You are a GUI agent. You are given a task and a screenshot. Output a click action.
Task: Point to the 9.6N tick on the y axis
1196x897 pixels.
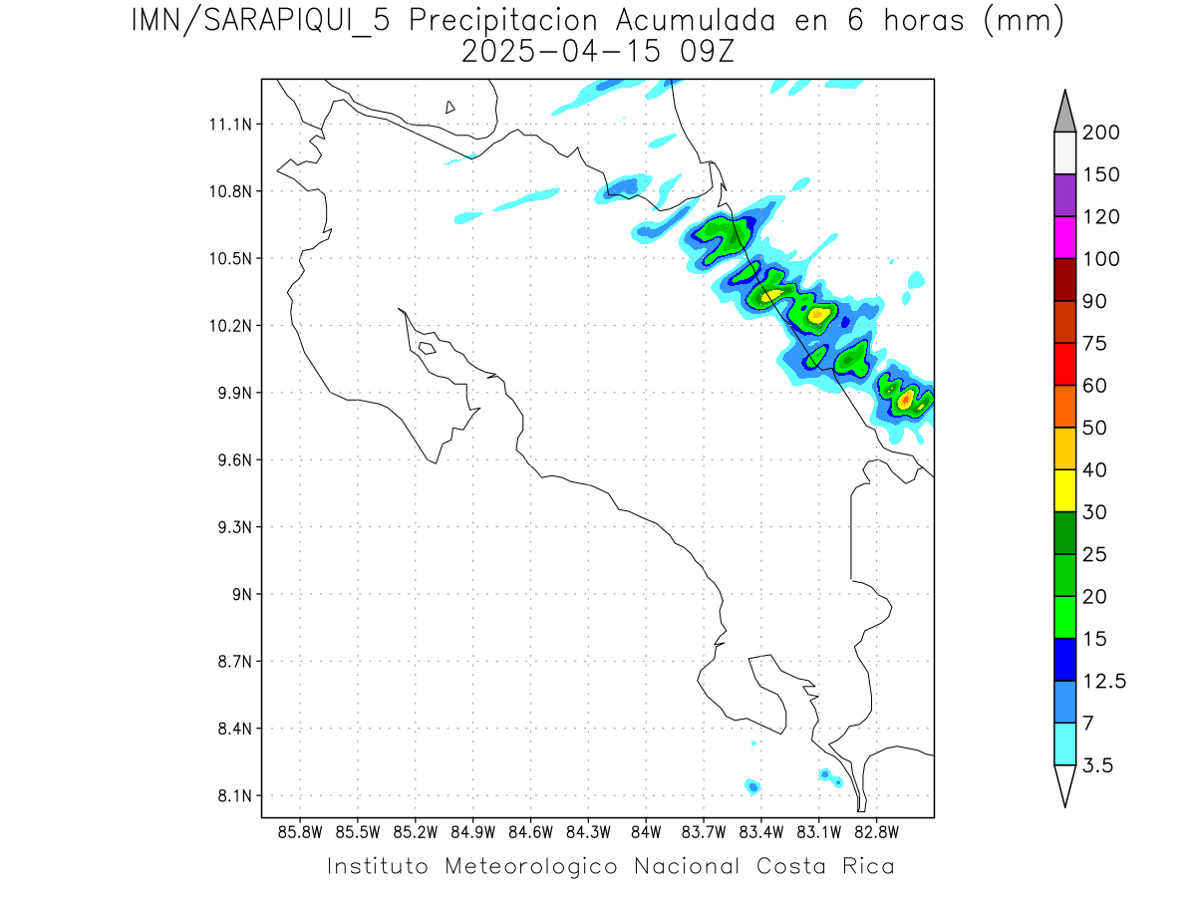235,460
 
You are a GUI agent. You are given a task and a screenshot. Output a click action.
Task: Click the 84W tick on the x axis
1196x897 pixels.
646,832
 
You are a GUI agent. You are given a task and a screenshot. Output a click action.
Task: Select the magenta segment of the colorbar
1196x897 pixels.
1064,237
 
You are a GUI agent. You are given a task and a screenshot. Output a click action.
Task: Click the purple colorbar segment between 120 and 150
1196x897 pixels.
1064,195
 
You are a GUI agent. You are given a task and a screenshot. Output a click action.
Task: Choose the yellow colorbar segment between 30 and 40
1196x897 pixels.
1064,490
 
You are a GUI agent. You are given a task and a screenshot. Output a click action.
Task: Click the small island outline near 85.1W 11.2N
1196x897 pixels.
450,107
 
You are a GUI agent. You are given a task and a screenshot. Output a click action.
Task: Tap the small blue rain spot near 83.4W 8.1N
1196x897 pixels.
753,787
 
